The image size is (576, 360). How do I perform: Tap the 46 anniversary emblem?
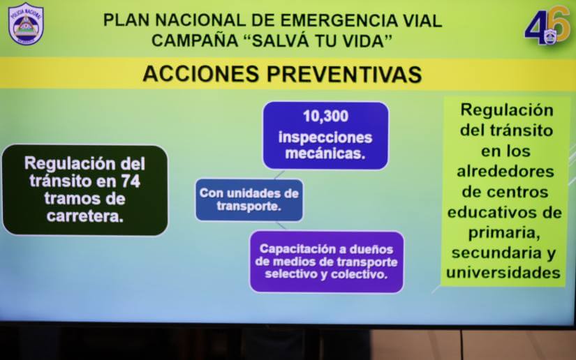[547, 27]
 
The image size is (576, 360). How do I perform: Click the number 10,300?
[325, 117]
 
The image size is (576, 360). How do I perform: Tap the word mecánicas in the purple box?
[325, 153]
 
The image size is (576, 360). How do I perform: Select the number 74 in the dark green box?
[129, 181]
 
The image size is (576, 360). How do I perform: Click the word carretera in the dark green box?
[85, 216]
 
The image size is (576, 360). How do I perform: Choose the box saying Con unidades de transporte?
[249, 200]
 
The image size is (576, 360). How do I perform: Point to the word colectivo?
[360, 274]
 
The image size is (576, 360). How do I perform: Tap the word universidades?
[504, 272]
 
